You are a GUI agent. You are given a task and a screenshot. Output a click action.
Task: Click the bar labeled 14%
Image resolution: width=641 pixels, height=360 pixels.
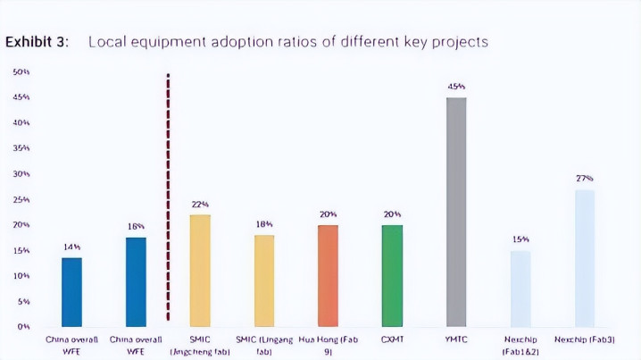point(71,292)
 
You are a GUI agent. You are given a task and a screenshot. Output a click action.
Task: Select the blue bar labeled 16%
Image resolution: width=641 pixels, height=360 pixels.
point(136,281)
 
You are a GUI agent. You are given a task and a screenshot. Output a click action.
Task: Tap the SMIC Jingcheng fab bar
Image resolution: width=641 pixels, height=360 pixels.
point(200,271)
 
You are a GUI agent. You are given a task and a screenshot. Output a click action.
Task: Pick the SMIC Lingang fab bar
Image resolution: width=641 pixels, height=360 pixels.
point(264,280)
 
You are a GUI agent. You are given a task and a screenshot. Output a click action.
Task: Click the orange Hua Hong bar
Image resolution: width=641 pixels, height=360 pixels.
point(328,276)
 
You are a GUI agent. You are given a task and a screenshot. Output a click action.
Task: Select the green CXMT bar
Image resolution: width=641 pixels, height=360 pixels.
point(392,276)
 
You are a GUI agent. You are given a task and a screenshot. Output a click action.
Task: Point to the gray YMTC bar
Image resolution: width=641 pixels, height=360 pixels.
point(456,212)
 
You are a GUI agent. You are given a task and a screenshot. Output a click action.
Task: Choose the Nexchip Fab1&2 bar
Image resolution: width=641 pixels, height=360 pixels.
point(520,289)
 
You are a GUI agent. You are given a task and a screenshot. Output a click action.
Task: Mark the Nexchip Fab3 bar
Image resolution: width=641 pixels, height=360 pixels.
point(585,258)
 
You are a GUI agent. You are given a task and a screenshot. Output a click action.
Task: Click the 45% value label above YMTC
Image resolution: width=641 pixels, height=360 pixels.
point(456,87)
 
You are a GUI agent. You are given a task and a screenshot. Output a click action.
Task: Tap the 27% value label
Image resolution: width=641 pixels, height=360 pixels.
point(585,179)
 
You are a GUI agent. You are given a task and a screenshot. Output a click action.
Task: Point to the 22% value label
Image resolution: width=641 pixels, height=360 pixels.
point(200,205)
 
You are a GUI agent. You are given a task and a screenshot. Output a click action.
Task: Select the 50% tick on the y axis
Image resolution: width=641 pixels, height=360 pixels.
point(21,71)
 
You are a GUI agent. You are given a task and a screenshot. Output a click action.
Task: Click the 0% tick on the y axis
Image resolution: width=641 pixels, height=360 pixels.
point(22,327)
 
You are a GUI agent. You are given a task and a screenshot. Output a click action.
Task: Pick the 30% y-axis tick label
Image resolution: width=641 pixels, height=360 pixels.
point(21,173)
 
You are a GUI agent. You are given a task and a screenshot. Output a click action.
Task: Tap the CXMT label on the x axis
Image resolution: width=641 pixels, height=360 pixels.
point(392,339)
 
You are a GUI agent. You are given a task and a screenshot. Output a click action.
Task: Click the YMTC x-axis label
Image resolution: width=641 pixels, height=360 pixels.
point(456,339)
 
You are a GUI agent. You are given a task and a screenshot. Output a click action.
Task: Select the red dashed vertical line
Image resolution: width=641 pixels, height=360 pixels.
point(169,197)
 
